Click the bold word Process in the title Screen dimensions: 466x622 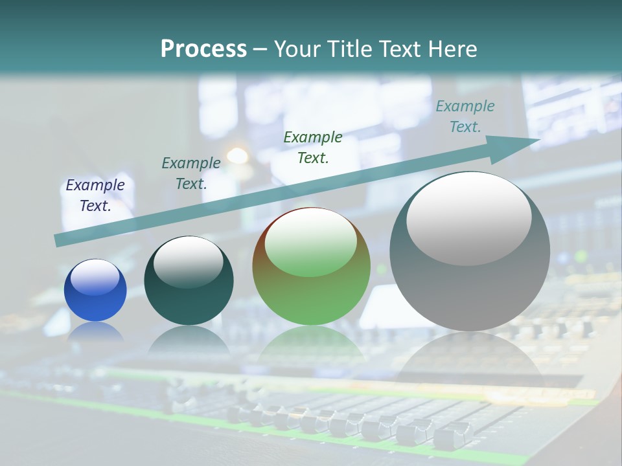[x=203, y=49]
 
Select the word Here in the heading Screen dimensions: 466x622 [x=451, y=49]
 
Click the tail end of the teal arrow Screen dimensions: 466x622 [x=60, y=240]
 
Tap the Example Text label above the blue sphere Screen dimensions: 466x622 [x=95, y=195]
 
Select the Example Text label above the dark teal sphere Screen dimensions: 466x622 [x=191, y=173]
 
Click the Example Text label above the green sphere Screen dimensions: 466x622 [x=313, y=148]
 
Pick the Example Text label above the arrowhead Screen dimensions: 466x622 [x=465, y=116]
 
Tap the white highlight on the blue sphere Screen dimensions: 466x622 [x=95, y=278]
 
